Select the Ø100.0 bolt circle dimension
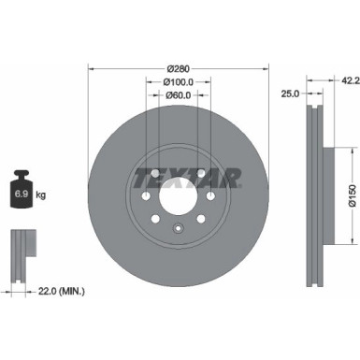178,82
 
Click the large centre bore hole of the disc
178,196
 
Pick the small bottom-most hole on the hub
178,229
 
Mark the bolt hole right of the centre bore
210,196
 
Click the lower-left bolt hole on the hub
154,221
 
